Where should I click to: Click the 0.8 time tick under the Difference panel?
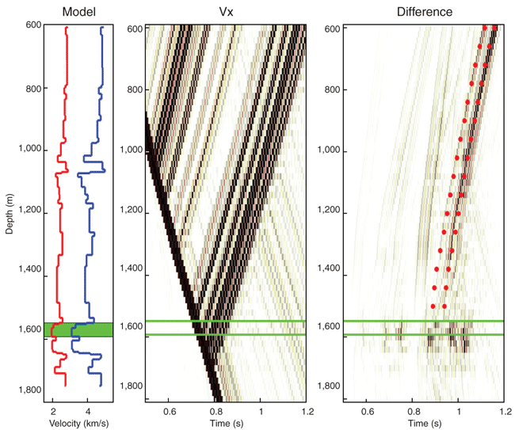pos(414,412)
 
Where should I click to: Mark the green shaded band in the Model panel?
pos(78,329)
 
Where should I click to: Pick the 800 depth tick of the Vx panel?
pos(134,89)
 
